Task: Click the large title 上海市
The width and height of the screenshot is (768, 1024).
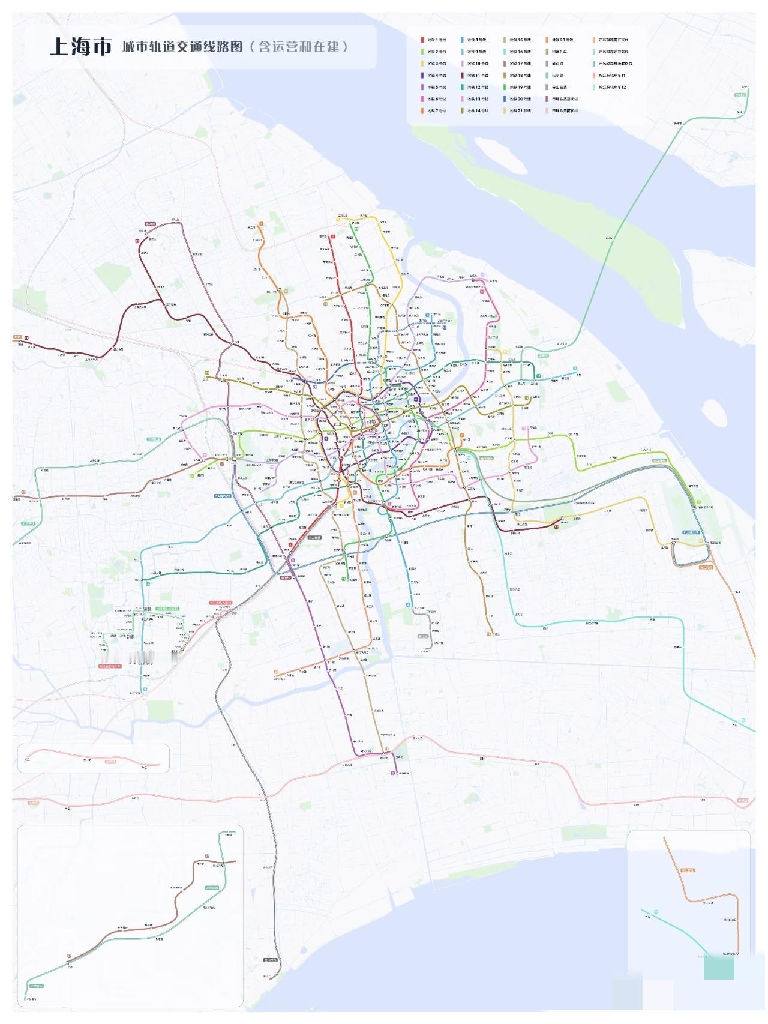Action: click(x=81, y=46)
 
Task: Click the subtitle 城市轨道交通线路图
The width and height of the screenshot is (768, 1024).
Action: click(x=182, y=46)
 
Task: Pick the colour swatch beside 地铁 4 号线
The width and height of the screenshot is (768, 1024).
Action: click(x=422, y=76)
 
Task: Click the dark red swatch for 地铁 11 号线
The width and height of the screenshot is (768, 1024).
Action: click(x=463, y=76)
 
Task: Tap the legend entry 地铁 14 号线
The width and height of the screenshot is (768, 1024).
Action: click(x=478, y=111)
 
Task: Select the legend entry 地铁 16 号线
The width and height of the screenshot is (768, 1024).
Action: click(x=520, y=52)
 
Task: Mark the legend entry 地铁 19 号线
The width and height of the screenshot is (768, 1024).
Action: click(x=520, y=88)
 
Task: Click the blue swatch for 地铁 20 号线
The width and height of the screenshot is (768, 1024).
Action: click(x=505, y=99)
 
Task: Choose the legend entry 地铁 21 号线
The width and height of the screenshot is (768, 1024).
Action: click(x=520, y=111)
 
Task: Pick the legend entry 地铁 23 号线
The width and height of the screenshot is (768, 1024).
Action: click(x=562, y=40)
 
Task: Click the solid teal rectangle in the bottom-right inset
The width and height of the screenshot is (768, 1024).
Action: click(x=719, y=967)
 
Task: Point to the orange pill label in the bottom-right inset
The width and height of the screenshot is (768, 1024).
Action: click(x=688, y=870)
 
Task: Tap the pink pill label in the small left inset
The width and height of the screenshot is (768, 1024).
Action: click(x=111, y=762)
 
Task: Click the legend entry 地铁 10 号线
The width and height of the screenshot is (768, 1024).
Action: click(x=478, y=64)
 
